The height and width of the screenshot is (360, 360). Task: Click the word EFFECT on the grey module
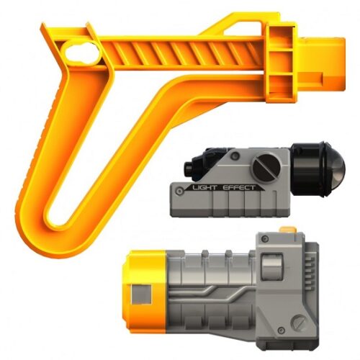tap(239, 185)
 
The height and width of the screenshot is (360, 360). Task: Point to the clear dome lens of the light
tap(333, 167)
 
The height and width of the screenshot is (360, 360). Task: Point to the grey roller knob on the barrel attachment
tap(271, 268)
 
